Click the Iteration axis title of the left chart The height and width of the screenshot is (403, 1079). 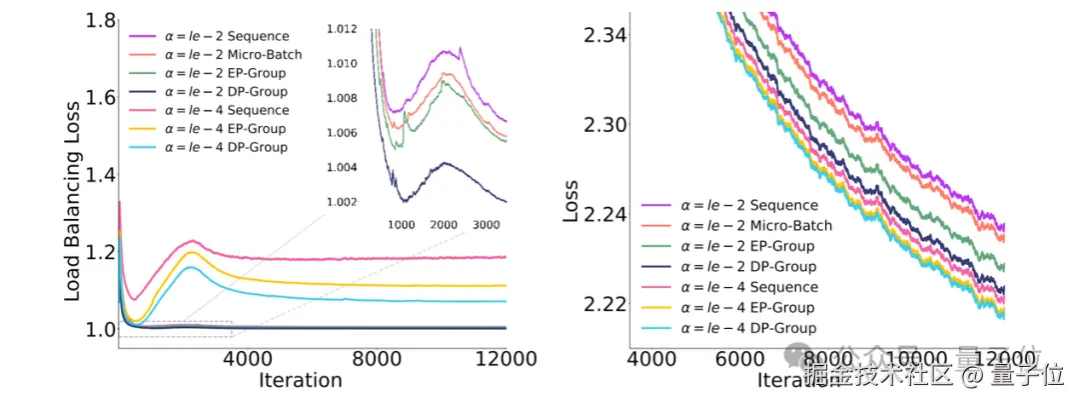300,380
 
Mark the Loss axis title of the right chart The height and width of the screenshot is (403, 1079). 571,200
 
